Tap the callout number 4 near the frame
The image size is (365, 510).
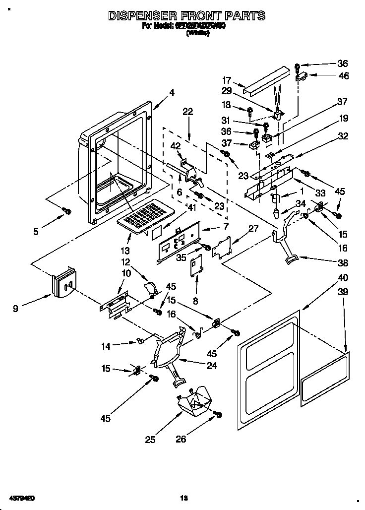[x=172, y=92]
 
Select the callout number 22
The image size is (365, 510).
[x=187, y=112]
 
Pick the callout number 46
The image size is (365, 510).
[x=343, y=76]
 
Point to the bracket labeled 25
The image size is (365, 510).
[x=194, y=402]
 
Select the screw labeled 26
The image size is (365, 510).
[x=217, y=414]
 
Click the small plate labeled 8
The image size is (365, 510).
[x=198, y=264]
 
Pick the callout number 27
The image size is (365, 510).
[x=253, y=229]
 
